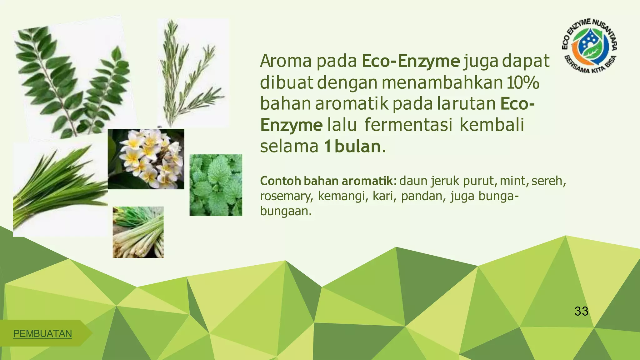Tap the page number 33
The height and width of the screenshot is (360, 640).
[581, 311]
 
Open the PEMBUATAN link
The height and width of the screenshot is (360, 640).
[42, 334]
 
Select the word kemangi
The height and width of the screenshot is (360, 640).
[342, 196]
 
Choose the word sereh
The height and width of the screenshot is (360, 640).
[548, 181]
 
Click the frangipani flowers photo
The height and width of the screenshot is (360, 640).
[146, 159]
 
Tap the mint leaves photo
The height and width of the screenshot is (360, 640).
[216, 185]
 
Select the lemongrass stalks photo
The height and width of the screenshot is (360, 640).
[138, 232]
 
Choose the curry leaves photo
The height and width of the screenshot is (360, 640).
[72, 81]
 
